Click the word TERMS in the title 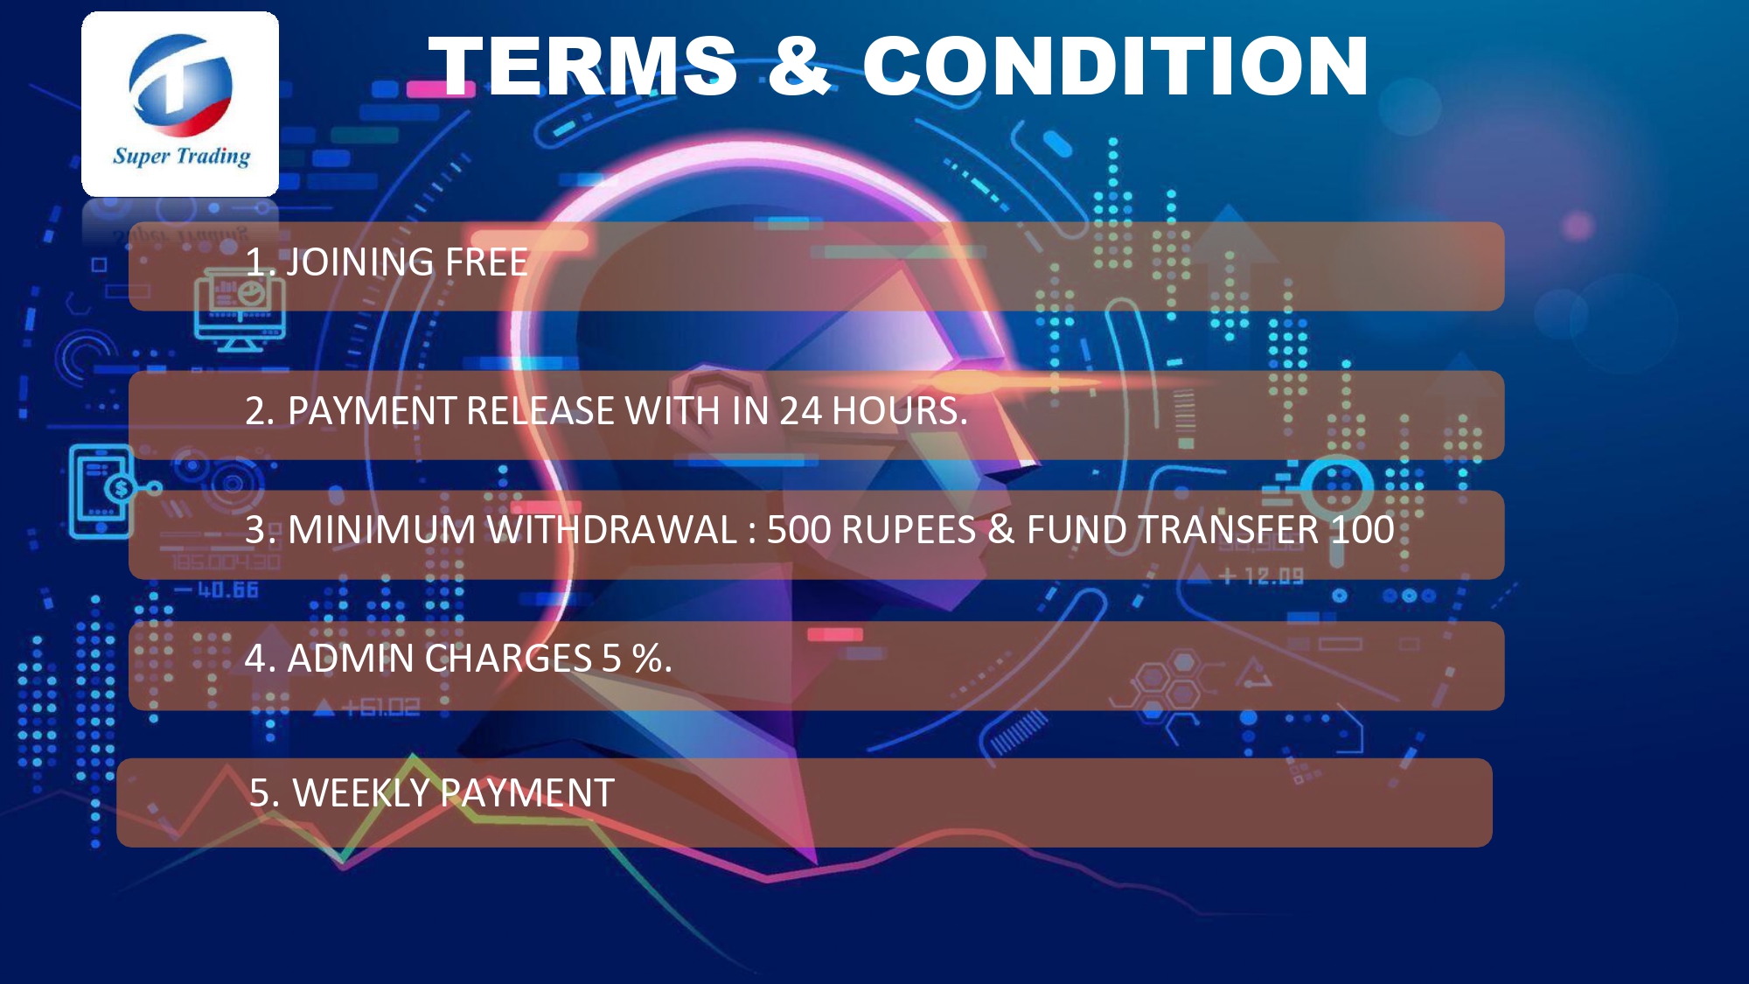point(583,66)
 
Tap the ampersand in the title point(799,66)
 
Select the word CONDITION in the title point(1116,66)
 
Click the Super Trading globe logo point(181,86)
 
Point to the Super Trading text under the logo point(181,157)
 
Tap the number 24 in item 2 point(800,411)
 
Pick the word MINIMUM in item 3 point(382,530)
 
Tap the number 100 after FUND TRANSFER point(1362,530)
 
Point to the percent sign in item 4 point(647,659)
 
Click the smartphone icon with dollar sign point(103,491)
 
